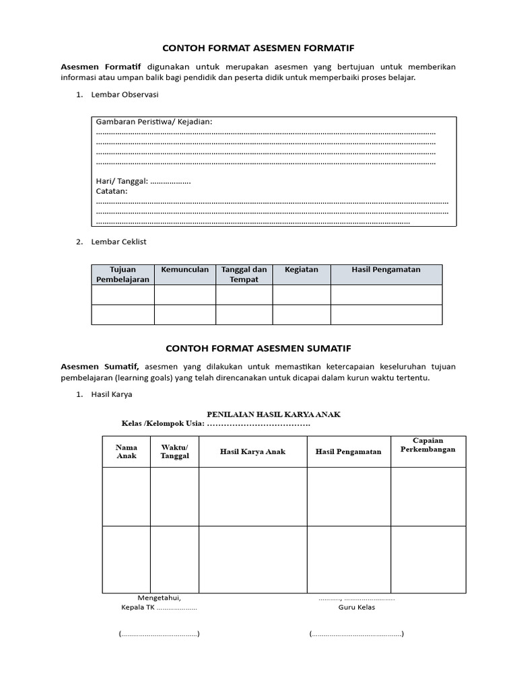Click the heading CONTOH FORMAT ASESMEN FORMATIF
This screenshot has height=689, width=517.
[x=258, y=48]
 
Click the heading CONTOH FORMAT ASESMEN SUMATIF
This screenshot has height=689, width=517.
[x=258, y=349]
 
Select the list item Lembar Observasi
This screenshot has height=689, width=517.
[x=125, y=95]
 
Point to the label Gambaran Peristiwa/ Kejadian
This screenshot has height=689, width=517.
[x=154, y=122]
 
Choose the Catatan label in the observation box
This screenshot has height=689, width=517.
[x=112, y=191]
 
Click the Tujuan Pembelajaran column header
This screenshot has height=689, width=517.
[x=123, y=275]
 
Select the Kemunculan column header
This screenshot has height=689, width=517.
[x=184, y=270]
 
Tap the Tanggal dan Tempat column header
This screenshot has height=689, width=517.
[x=244, y=275]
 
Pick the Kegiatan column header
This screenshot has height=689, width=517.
[x=301, y=270]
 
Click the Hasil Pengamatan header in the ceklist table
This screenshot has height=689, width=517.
[x=386, y=270]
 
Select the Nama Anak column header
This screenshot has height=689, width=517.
[x=127, y=451]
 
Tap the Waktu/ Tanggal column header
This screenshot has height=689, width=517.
[x=174, y=451]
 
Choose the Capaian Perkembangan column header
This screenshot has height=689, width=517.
[x=427, y=445]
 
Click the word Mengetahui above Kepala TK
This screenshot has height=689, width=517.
[x=159, y=597]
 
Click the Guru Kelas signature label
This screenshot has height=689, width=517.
[x=357, y=607]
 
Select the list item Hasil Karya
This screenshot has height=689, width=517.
[x=112, y=394]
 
